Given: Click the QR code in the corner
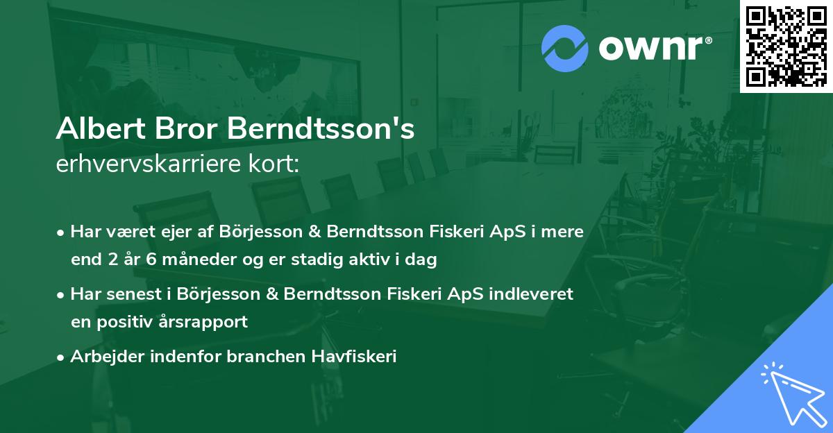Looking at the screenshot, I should click(x=786, y=46).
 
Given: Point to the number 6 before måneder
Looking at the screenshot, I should click(x=146, y=260).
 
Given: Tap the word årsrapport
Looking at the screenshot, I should click(x=210, y=323).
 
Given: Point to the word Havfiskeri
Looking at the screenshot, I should click(x=354, y=357).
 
